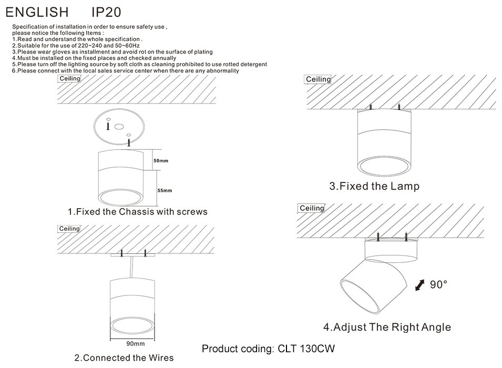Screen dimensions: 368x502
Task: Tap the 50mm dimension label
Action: click(160, 160)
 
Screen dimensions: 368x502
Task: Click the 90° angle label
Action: click(438, 284)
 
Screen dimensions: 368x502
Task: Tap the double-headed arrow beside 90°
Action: click(421, 285)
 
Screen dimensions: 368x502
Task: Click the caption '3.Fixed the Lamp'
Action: click(374, 186)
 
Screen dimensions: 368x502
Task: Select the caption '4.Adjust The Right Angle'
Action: click(387, 327)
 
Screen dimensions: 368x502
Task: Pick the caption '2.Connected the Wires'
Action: click(124, 358)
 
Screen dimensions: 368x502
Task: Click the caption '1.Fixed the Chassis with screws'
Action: click(138, 212)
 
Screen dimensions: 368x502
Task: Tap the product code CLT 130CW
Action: click(269, 349)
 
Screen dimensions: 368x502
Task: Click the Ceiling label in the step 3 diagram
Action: click(318, 79)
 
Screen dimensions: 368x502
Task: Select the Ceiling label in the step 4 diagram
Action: click(312, 208)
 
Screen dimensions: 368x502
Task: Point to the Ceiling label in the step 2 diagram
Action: click(69, 229)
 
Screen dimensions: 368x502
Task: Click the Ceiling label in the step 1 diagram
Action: click(69, 79)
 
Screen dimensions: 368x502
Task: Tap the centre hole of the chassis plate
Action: click(119, 127)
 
